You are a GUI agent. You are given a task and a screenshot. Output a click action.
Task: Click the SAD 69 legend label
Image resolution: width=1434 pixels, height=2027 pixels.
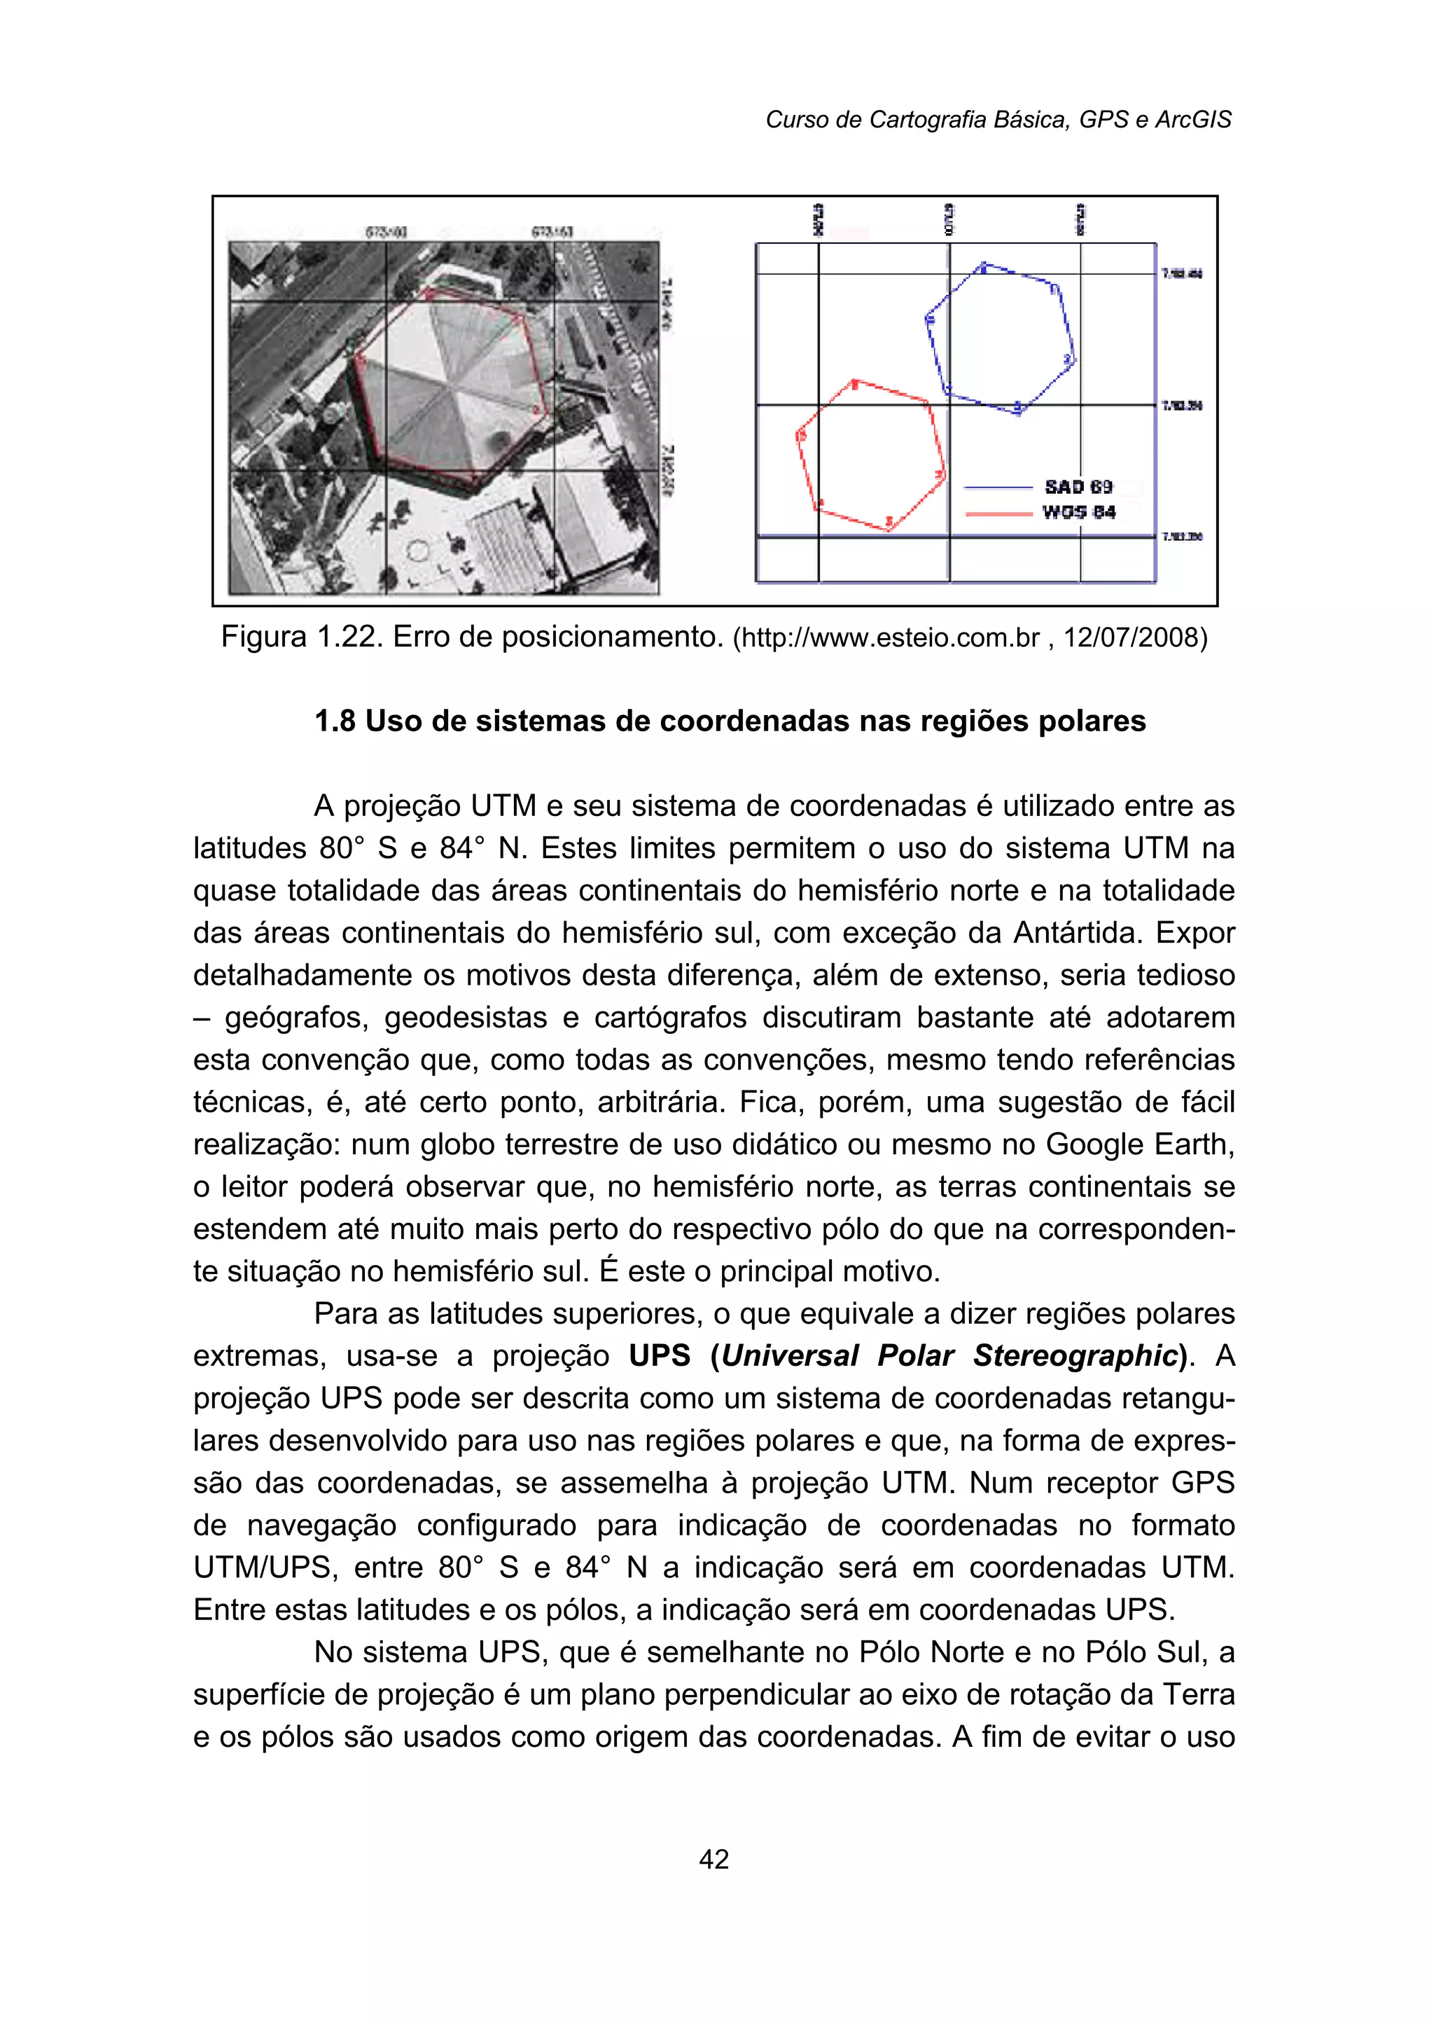click(x=1078, y=487)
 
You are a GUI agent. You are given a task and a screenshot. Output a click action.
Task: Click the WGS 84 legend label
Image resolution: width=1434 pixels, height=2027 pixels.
click(x=1078, y=512)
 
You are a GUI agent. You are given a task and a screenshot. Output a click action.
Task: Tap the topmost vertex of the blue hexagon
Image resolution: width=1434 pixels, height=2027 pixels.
click(x=984, y=264)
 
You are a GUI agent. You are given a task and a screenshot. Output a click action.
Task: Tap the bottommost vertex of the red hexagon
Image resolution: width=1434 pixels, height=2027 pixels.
click(x=889, y=530)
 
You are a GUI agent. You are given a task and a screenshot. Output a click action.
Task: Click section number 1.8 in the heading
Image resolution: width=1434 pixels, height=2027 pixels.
click(x=335, y=721)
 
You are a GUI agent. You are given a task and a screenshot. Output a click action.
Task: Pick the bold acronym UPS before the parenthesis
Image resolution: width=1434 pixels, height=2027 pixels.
click(x=659, y=1356)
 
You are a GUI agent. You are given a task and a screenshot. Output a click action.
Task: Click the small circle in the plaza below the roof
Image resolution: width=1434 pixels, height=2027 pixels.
click(x=419, y=553)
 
